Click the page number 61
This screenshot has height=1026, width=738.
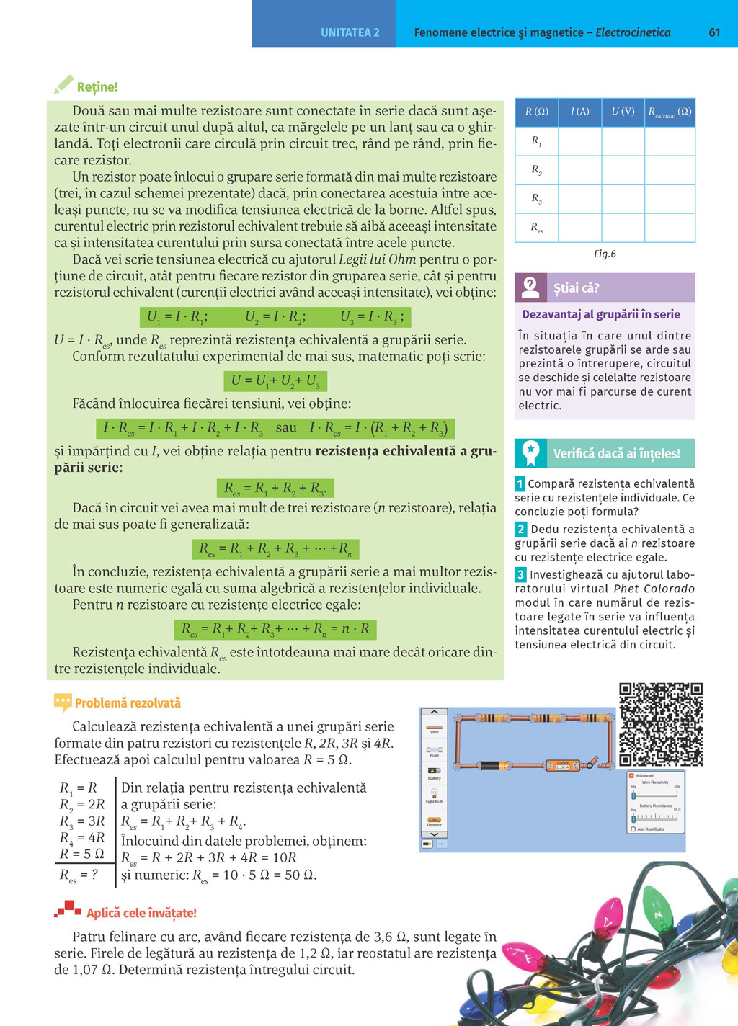point(714,32)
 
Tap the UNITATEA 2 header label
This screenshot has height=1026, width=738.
point(350,32)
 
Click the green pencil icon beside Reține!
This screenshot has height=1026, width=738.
point(63,85)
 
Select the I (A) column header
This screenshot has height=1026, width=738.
point(579,112)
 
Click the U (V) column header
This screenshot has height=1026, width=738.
point(623,112)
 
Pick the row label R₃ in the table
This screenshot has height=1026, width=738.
point(536,198)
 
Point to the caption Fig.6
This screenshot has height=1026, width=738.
point(605,254)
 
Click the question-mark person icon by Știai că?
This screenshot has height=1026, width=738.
point(530,287)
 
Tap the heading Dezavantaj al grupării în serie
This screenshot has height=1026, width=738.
point(600,314)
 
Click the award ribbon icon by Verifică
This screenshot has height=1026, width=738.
point(530,452)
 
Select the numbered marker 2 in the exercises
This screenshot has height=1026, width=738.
point(520,529)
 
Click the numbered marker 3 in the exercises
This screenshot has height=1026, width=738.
point(520,574)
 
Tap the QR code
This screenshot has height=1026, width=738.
point(661,724)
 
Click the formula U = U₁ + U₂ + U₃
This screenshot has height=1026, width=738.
point(275,380)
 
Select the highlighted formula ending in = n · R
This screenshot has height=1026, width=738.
point(275,629)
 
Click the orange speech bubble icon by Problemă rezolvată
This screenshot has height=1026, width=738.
point(63,702)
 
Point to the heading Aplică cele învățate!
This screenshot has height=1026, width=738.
point(141,913)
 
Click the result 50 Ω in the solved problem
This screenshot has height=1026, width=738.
point(298,875)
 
